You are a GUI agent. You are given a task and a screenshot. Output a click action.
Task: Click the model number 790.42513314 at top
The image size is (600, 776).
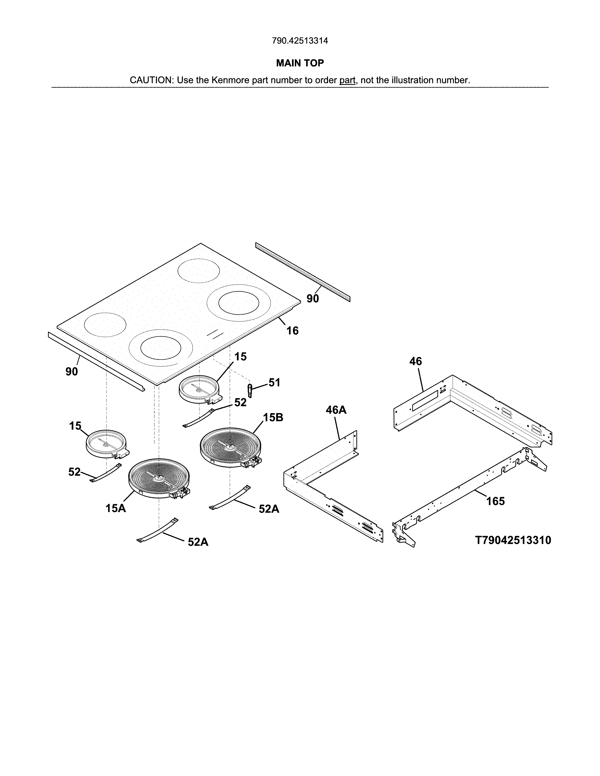(x=300, y=41)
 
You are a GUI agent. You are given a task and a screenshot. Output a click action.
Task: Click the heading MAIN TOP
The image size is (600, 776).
(x=300, y=63)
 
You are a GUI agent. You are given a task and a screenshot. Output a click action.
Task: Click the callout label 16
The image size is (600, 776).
(x=292, y=331)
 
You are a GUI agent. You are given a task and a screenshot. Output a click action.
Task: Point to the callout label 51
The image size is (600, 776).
(x=274, y=383)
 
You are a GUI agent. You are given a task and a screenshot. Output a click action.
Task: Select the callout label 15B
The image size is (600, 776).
(x=273, y=417)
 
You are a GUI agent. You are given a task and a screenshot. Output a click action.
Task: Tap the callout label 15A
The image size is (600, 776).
(x=116, y=508)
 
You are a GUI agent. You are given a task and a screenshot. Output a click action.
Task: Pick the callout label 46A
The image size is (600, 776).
(x=336, y=410)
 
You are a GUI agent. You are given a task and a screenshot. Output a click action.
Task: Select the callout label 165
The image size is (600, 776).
(x=495, y=501)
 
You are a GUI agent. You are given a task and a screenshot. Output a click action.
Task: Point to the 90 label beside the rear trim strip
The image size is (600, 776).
(x=312, y=299)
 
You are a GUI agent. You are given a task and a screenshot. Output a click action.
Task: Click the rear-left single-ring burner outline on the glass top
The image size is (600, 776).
(x=199, y=271)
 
